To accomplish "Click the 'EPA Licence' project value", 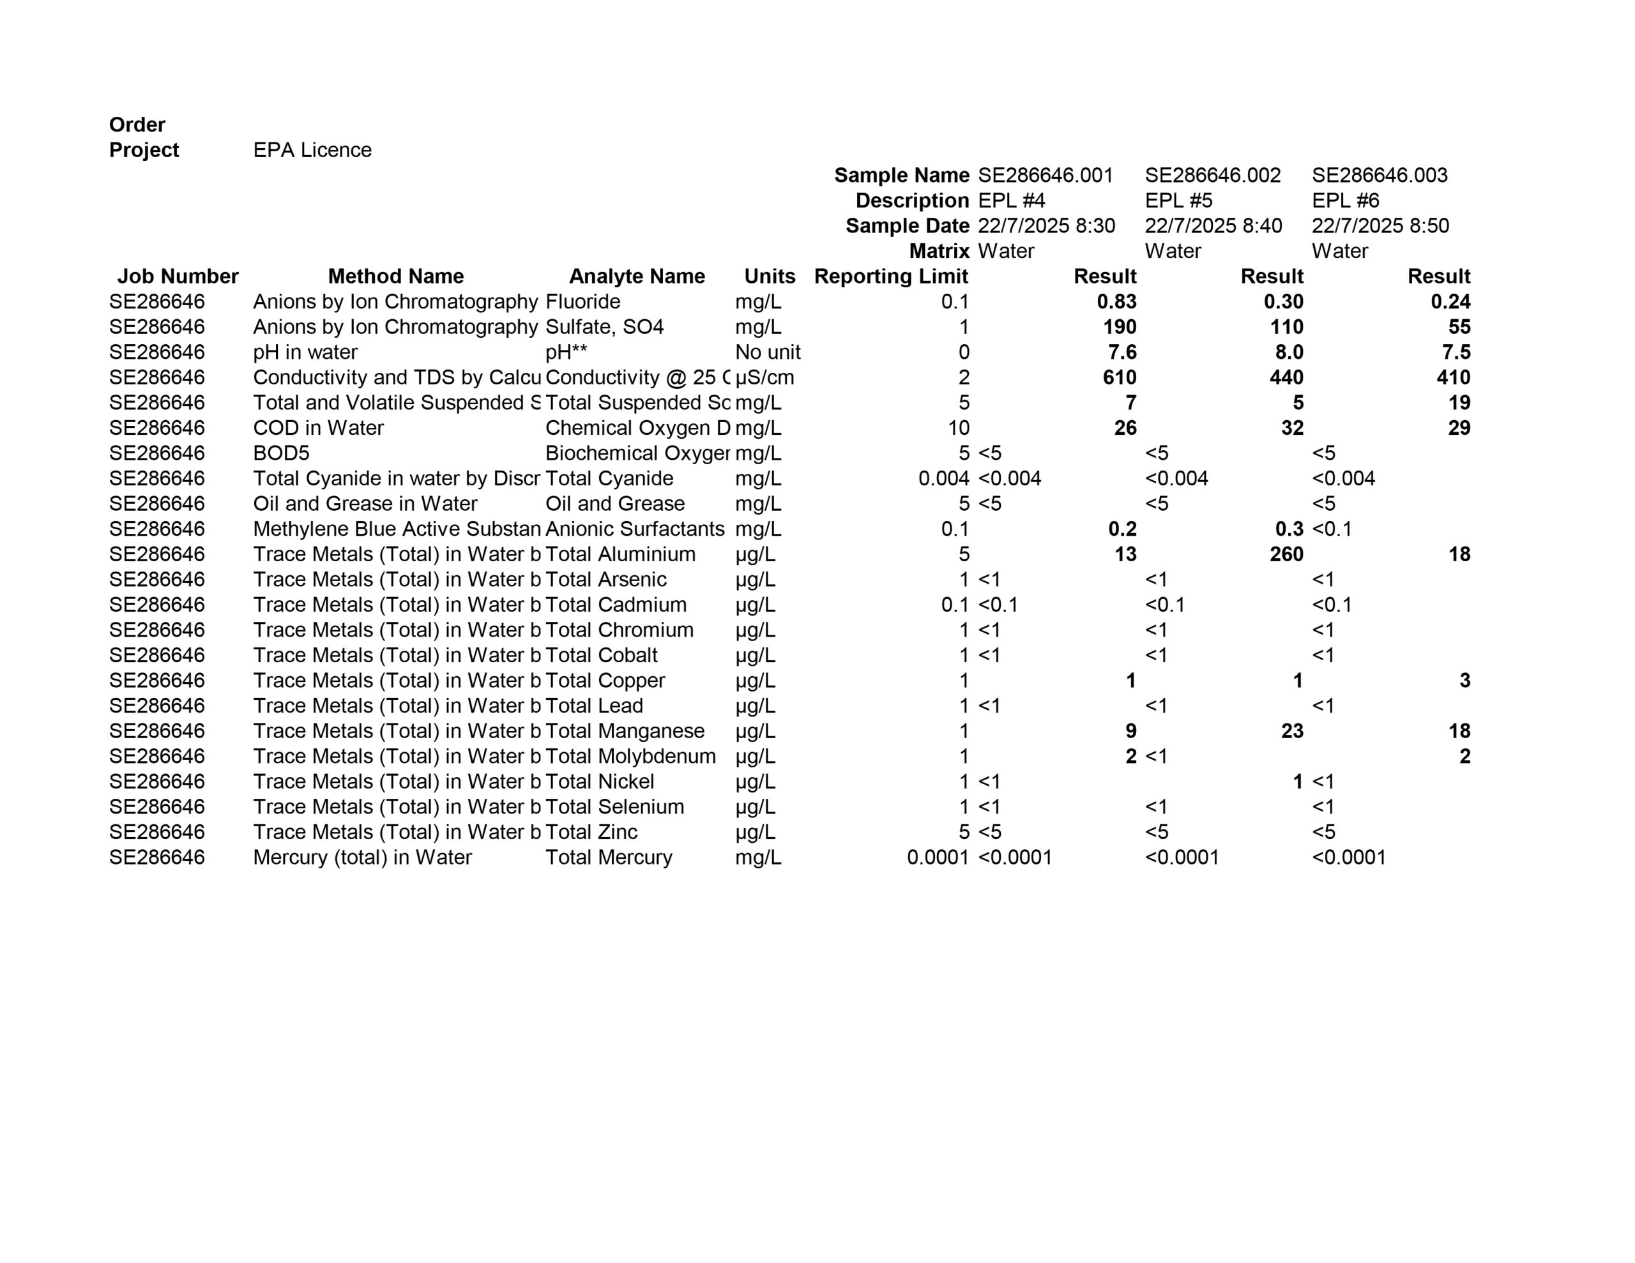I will (x=312, y=149).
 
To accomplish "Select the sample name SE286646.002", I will (x=1213, y=175).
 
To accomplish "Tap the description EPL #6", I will (x=1345, y=200).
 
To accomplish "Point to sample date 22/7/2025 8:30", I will (x=1046, y=225).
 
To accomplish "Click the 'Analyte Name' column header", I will (x=636, y=276).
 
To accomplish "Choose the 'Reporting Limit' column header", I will (x=891, y=276).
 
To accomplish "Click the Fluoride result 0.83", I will (x=1116, y=302).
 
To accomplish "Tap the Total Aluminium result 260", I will (x=1286, y=554).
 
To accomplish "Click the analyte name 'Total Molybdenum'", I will (x=630, y=756).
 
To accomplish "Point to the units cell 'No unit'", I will (x=767, y=352).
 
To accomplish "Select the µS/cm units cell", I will (x=764, y=377).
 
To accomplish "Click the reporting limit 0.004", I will (x=943, y=478).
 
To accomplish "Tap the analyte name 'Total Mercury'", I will (x=609, y=858).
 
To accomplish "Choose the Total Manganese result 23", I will (x=1292, y=730).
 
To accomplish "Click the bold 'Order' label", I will (x=137, y=125).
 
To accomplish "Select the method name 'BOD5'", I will (x=281, y=453).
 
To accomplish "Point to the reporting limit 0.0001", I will (x=938, y=858).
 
